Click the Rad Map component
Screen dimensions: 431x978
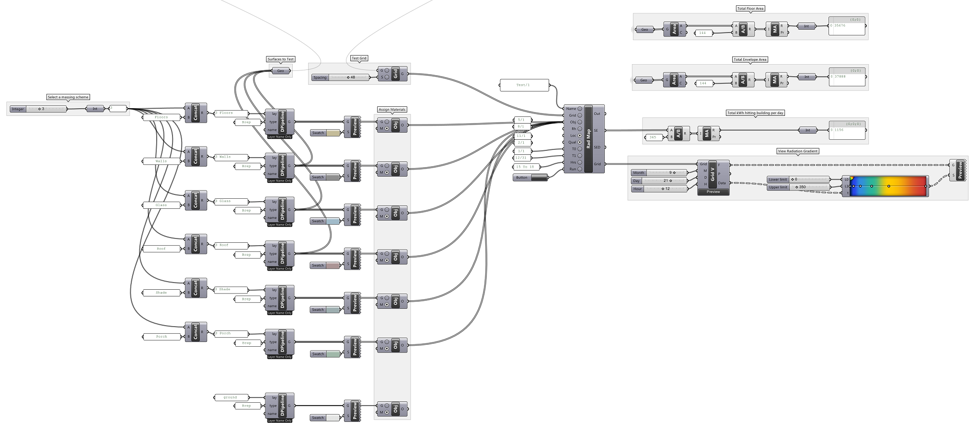tap(588, 139)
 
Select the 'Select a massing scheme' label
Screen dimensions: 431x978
tap(68, 97)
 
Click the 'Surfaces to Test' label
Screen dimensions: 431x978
tap(281, 59)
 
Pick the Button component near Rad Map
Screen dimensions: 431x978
tap(530, 178)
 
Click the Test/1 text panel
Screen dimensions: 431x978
tap(524, 85)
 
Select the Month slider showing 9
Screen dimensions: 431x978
tap(659, 173)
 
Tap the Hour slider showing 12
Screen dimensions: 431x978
tap(659, 189)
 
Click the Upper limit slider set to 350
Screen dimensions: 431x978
tap(798, 187)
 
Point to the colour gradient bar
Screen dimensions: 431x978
tap(889, 186)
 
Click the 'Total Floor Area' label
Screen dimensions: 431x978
tap(750, 9)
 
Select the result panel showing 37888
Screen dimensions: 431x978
tap(847, 77)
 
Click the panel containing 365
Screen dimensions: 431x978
tap(654, 137)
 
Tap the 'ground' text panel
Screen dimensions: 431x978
tap(230, 397)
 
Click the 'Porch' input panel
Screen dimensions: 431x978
tap(161, 337)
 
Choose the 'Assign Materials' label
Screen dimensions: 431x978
tap(392, 110)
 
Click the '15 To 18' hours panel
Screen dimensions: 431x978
tap(526, 167)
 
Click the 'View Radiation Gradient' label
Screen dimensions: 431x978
tap(798, 151)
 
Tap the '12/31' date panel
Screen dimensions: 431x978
tap(521, 158)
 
